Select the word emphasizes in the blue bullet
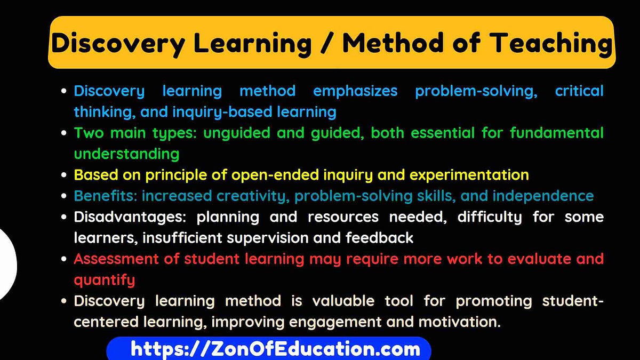[x=355, y=91]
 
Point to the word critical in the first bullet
[x=579, y=91]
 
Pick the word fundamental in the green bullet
[x=556, y=133]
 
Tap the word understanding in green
[x=126, y=154]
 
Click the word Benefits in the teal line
[x=105, y=196]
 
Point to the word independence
[x=543, y=196]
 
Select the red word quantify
[x=105, y=280]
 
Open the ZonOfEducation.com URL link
[x=275, y=349]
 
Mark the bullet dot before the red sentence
[x=64, y=260]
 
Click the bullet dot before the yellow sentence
[x=64, y=175]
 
